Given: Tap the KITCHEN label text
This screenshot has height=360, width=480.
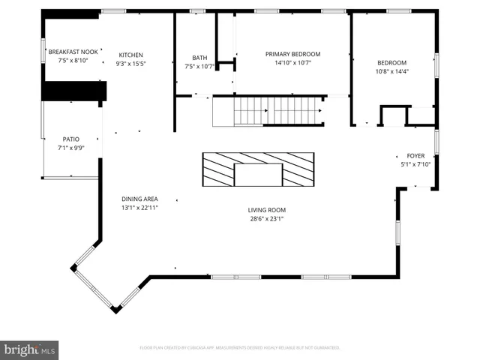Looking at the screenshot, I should (130, 55).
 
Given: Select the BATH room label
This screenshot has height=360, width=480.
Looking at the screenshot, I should (199, 58).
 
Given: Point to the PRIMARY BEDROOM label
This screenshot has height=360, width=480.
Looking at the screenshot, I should (292, 54).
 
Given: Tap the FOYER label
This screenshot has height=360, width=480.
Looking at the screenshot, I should (405, 156).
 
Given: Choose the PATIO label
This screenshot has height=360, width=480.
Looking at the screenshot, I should (71, 139).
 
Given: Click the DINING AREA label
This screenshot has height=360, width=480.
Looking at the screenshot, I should (140, 199).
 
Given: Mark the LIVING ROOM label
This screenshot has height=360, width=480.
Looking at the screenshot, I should (267, 210).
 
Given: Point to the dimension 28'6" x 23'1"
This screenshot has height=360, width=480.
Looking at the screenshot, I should (267, 219).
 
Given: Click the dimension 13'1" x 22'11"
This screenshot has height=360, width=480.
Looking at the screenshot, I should (140, 208).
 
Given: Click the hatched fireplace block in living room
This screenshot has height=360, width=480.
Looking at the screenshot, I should (257, 169).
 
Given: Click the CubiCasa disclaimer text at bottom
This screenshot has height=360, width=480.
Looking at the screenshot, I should (240, 348).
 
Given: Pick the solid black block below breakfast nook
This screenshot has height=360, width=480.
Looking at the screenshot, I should (74, 91).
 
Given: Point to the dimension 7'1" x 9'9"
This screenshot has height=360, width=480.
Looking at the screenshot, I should (71, 148).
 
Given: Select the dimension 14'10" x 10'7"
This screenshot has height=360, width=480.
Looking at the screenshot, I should (292, 63).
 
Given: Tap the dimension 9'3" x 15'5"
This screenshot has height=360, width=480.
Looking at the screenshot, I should (130, 64).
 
